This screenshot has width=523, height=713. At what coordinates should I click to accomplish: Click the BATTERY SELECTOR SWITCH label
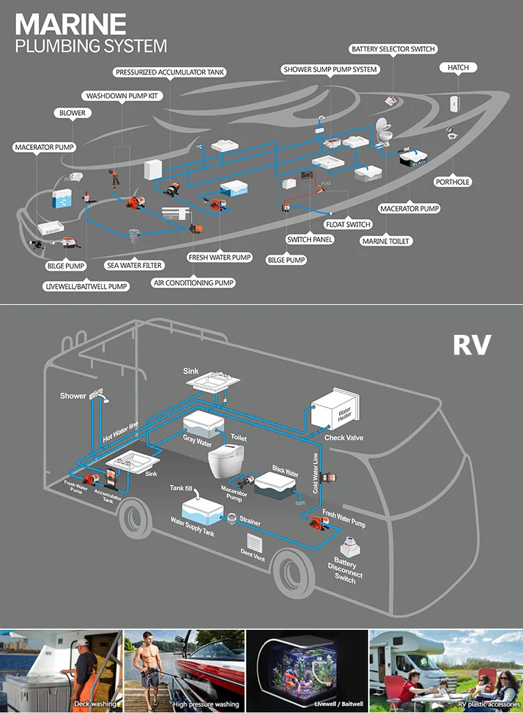393,50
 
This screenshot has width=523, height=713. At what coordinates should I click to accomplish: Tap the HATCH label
457,68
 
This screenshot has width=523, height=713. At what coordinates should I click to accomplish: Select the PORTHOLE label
453,182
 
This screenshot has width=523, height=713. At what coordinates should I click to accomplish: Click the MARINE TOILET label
386,241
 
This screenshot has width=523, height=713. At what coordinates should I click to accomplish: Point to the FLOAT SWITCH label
348,225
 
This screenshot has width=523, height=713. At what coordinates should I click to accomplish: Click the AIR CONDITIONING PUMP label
193,283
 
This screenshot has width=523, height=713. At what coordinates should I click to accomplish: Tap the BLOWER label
72,113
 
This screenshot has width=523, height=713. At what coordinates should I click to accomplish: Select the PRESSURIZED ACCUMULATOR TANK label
170,72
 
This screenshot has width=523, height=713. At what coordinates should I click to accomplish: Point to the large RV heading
471,345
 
